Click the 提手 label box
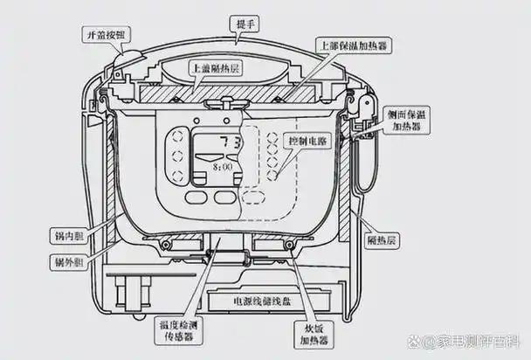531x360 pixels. click(244, 24)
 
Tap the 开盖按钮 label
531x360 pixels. click(107, 35)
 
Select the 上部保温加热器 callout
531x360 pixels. click(354, 45)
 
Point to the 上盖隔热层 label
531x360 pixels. click(216, 69)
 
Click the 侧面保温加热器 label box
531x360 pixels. click(406, 121)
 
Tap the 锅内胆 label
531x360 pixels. click(69, 236)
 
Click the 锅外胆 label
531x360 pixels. click(69, 262)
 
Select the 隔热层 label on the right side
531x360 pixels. click(382, 241)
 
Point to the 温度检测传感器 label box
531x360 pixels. click(178, 331)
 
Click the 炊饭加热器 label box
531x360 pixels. click(314, 335)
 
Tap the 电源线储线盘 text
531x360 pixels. click(263, 301)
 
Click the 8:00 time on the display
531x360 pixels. click(223, 167)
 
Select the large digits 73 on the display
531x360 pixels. click(230, 142)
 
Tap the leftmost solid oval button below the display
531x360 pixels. click(197, 197)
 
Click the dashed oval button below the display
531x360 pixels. click(253, 197)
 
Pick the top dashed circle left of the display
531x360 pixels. click(177, 137)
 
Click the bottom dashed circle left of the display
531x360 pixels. click(177, 176)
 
